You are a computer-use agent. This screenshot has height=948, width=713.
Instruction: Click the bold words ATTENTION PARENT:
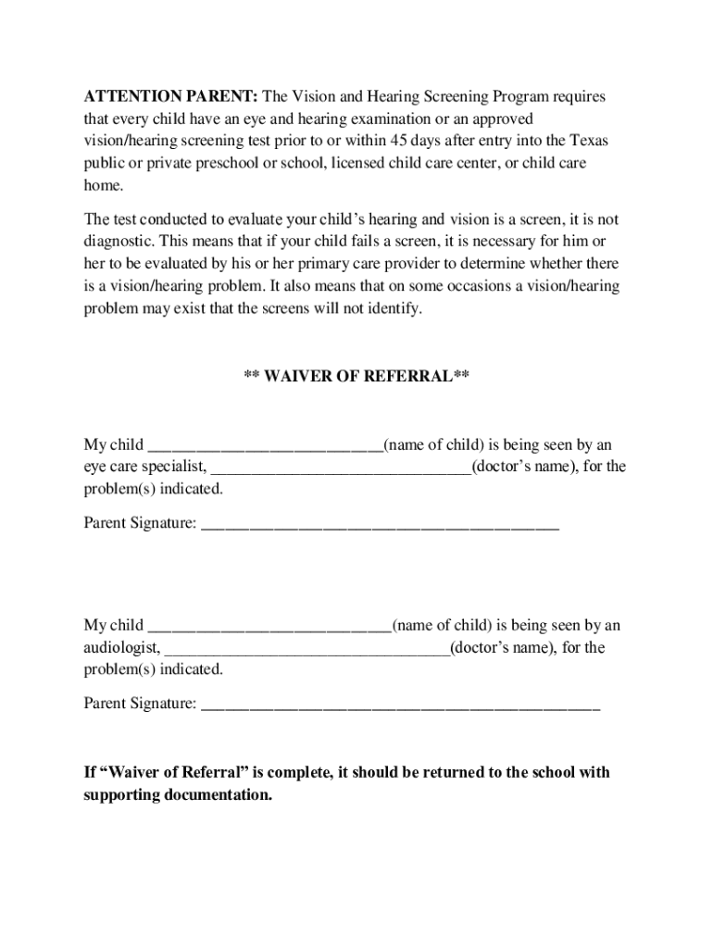point(171,97)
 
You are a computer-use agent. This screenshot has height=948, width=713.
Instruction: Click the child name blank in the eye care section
point(265,445)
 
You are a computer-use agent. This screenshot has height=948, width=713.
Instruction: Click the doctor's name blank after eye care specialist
point(341,467)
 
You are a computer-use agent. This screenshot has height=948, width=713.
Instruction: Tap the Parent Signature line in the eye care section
point(380,525)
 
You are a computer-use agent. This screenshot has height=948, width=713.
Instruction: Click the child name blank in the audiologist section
point(269,626)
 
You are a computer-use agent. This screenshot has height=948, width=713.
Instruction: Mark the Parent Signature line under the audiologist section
point(400,705)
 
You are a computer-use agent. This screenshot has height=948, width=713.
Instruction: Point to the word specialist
point(175,467)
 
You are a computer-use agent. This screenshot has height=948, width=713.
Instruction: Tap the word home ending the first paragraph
point(102,185)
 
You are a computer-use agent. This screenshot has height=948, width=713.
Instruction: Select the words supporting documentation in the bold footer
point(178,795)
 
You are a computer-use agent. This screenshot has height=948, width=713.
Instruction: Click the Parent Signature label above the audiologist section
point(140,525)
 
